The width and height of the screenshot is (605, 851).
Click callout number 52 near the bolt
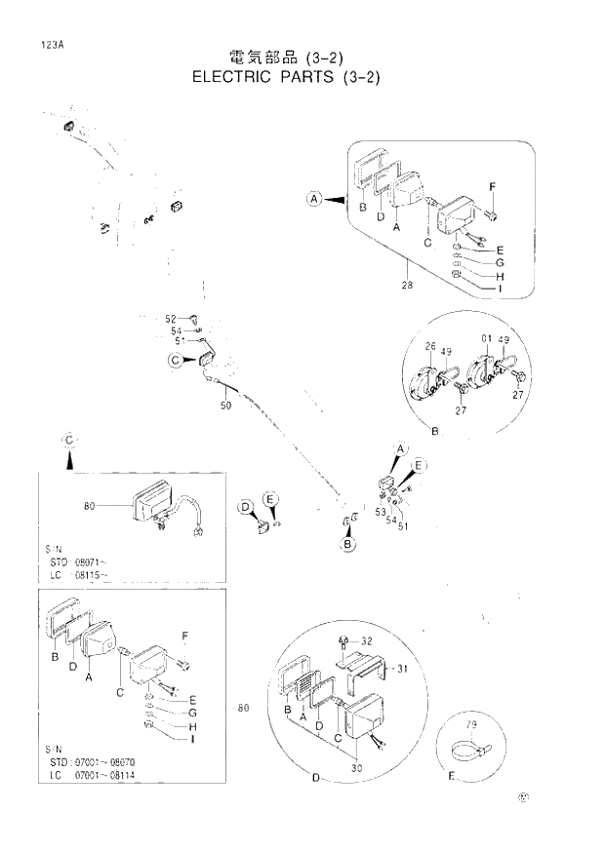click(171, 319)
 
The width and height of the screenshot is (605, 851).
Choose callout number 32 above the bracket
click(367, 641)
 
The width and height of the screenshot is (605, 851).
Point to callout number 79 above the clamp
click(471, 725)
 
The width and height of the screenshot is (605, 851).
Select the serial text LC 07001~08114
click(96, 777)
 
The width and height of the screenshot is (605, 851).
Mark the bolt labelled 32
click(343, 640)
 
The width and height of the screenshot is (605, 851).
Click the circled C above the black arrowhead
click(69, 440)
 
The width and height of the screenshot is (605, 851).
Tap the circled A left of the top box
click(314, 200)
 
